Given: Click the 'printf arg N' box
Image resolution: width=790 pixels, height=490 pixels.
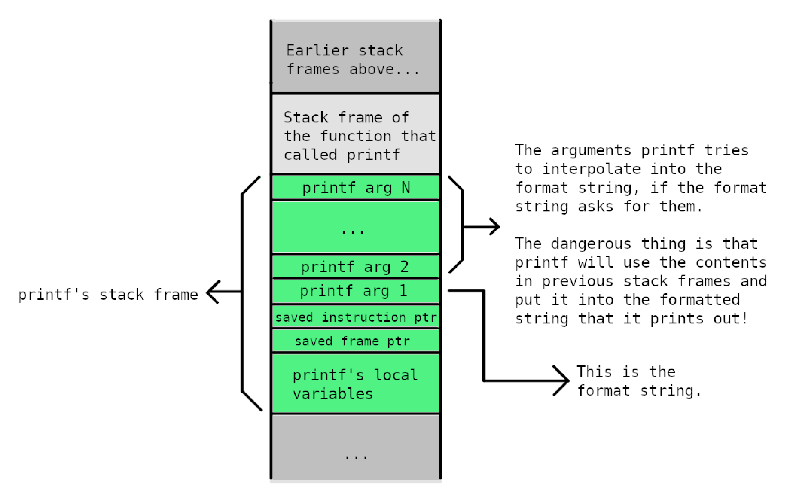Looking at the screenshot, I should coord(356,188).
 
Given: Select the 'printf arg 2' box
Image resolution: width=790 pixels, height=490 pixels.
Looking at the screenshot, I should coord(356,267).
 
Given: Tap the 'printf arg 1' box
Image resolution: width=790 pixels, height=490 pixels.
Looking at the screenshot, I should coord(356,291).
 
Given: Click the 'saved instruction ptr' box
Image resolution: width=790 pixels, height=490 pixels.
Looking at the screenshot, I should coord(356,317).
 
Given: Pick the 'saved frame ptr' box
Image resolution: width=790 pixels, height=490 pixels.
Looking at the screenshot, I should coord(356,341).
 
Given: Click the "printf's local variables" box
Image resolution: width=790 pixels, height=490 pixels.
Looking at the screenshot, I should coord(356,383).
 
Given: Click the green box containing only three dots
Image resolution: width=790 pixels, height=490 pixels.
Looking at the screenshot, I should coord(356,227).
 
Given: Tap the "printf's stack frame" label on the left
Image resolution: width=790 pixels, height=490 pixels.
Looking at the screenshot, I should coord(108,295).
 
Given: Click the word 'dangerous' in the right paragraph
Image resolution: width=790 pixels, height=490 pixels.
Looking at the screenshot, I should coord(591,243).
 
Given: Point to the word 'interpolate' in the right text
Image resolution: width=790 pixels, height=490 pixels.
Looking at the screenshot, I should coord(591,169).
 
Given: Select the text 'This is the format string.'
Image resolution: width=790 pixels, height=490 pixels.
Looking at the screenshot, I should coord(638,381).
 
